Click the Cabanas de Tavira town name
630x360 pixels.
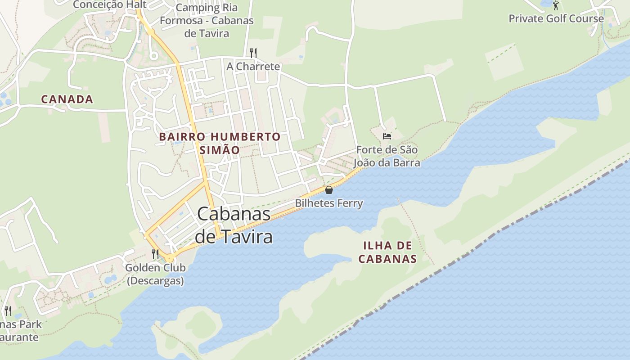click(x=234, y=225)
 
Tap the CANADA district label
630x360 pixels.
click(x=67, y=99)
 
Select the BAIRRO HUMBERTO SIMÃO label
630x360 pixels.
click(x=220, y=143)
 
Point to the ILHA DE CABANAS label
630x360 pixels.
click(x=390, y=252)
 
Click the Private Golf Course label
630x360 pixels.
click(x=556, y=18)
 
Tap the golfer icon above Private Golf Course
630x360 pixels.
click(x=556, y=5)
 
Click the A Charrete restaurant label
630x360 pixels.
click(x=253, y=67)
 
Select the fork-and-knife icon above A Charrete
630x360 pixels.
click(x=253, y=53)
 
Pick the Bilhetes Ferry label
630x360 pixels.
click(x=328, y=203)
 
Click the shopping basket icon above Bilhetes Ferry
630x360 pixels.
click(x=328, y=190)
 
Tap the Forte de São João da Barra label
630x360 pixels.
click(x=387, y=156)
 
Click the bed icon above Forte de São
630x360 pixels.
click(x=387, y=136)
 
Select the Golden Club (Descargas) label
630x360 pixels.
click(x=155, y=274)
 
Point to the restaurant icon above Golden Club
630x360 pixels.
click(x=155, y=254)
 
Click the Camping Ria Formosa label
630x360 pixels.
click(x=207, y=20)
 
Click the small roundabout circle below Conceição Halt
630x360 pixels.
click(x=153, y=56)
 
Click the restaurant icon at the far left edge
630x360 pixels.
click(x=8, y=310)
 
